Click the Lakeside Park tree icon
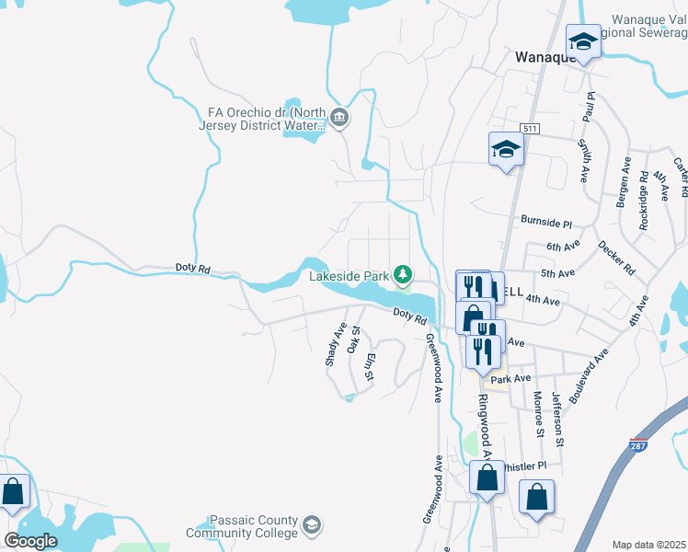(402, 274)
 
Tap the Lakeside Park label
(349, 275)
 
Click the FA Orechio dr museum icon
(339, 116)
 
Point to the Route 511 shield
(528, 128)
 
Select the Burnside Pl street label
(546, 223)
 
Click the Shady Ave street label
(335, 345)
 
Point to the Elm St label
(370, 367)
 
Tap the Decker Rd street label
(616, 259)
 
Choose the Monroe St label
(538, 413)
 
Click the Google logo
(31, 540)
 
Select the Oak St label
(354, 339)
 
